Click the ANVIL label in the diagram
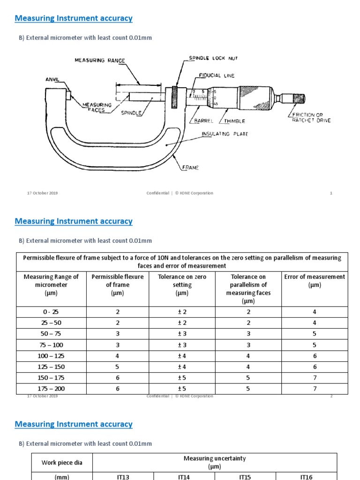point(52,80)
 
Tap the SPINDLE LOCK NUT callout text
point(213,58)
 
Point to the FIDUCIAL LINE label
point(217,75)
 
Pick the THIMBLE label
point(234,121)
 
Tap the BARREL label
point(204,121)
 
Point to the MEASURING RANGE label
point(100,60)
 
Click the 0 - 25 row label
point(51,312)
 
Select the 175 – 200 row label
point(51,389)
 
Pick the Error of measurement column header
point(315,281)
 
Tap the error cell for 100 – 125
point(315,356)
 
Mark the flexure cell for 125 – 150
point(118,367)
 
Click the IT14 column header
point(184,477)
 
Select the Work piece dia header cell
point(62,463)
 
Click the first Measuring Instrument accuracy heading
point(74,18)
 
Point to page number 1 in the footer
point(331,193)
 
